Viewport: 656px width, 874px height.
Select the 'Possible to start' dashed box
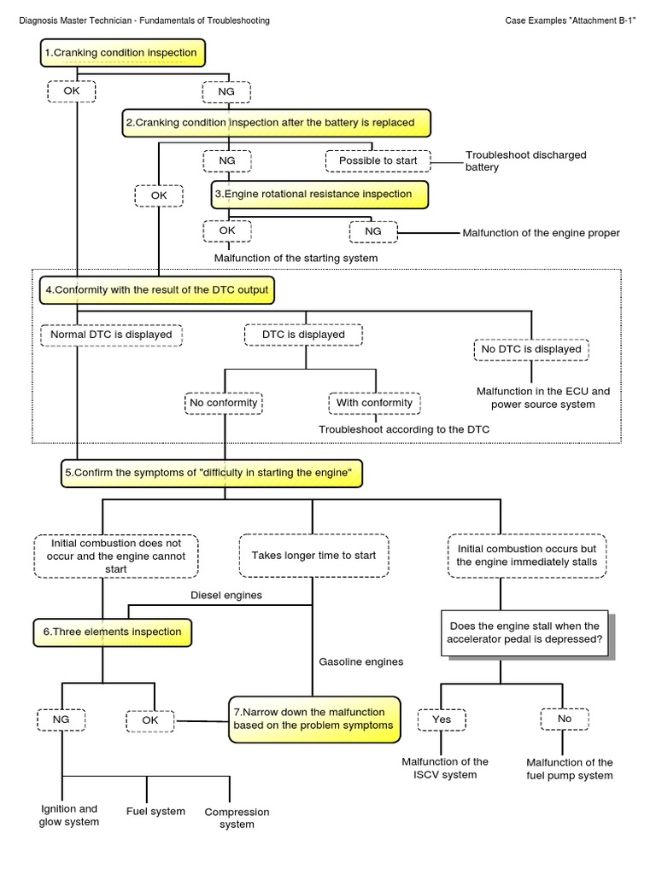[377, 160]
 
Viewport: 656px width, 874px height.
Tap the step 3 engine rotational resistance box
[319, 195]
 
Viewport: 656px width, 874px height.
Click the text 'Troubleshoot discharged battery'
[525, 161]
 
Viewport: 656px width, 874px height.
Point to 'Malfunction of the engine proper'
[541, 233]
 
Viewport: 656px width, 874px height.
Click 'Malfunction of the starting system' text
[295, 258]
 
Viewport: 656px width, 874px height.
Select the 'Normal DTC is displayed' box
[111, 335]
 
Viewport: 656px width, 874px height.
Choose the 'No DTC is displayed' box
[531, 349]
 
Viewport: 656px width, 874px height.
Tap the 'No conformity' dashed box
[223, 402]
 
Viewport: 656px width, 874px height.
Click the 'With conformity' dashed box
[375, 402]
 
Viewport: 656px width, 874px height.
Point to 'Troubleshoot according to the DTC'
[404, 429]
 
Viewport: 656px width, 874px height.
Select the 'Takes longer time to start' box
[313, 555]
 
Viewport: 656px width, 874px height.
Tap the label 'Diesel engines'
[225, 595]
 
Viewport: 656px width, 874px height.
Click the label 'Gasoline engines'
[360, 661]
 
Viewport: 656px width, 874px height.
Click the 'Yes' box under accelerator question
[442, 720]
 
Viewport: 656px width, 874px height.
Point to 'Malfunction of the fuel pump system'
[569, 769]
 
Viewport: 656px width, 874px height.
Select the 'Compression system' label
[237, 818]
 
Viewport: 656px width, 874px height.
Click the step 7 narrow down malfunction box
[314, 719]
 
